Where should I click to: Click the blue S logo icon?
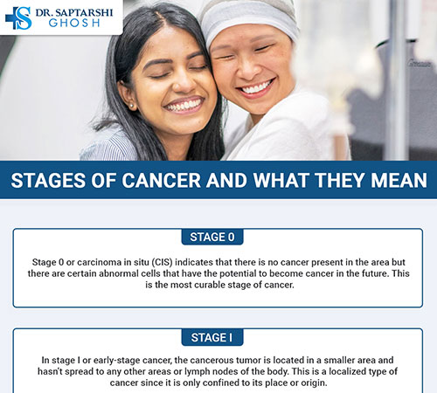click(x=17, y=18)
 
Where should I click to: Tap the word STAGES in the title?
click(x=49, y=181)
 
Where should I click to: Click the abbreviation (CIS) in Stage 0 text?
click(x=163, y=261)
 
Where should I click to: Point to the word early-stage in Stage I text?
click(x=115, y=360)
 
